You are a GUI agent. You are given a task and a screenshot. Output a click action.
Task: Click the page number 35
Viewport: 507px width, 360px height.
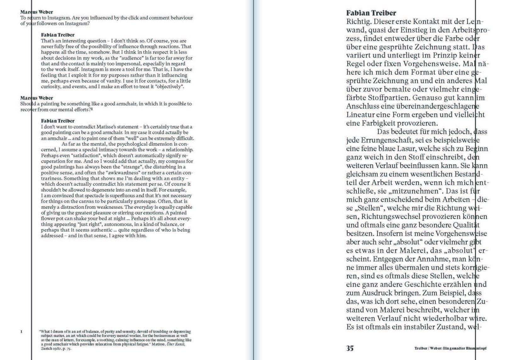350,348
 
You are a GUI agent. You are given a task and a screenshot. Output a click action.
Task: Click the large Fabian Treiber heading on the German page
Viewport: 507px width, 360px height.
371,13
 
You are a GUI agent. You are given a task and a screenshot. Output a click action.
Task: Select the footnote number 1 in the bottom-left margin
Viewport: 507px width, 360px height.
21,331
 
